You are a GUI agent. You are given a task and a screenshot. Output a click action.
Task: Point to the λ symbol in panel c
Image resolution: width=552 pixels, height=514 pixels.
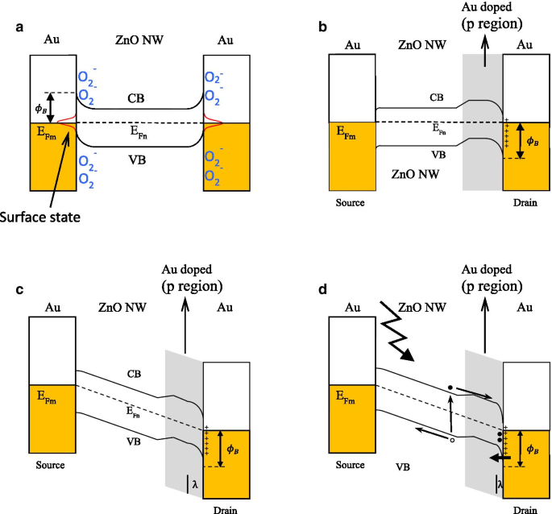[195, 484]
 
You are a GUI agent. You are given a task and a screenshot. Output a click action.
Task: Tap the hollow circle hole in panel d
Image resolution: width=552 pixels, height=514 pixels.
[453, 441]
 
